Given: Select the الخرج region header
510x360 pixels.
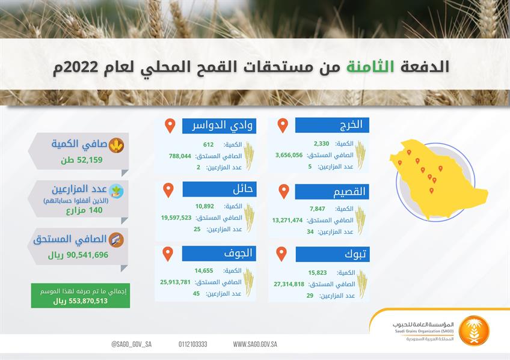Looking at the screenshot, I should click(332, 125).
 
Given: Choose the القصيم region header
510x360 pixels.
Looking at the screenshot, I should click(332, 192).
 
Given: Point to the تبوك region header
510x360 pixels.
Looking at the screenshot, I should click(332, 254).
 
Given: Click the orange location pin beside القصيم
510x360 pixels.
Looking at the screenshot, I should click(283, 191).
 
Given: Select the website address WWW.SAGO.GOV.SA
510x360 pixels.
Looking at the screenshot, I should click(255, 344).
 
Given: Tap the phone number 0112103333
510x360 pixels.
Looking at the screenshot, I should click(192, 344).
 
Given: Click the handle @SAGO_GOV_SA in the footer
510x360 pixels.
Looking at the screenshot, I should click(131, 344).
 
